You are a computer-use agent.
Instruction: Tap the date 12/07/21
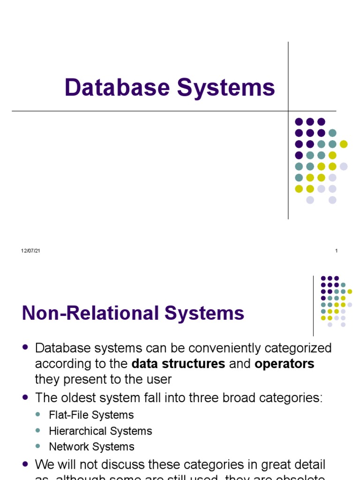click(30, 251)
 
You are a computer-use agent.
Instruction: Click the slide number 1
click(337, 251)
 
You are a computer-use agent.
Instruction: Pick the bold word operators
click(284, 364)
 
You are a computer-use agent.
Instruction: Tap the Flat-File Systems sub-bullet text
click(91, 415)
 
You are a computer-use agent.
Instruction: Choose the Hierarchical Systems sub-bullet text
click(100, 431)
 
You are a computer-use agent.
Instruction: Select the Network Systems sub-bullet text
click(91, 447)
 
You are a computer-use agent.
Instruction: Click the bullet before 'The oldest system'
click(25, 397)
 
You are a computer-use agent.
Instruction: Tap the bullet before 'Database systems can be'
click(25, 347)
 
